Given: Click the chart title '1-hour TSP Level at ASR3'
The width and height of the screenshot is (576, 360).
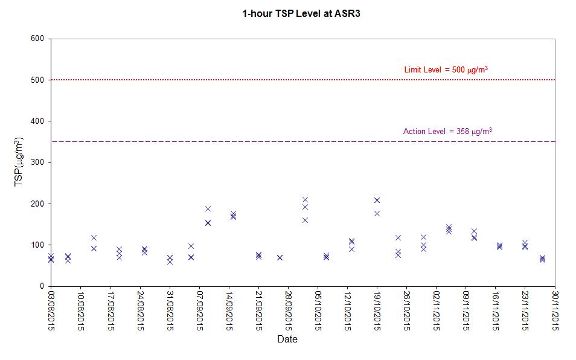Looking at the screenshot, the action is pyautogui.click(x=301, y=14).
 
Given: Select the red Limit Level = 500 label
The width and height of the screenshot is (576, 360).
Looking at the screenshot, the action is pyautogui.click(x=446, y=69).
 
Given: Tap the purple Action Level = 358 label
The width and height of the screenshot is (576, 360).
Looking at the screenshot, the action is pyautogui.click(x=447, y=131).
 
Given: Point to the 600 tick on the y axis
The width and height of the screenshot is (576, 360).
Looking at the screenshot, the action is pyautogui.click(x=37, y=39).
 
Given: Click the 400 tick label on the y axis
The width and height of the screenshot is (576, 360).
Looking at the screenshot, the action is pyautogui.click(x=37, y=121).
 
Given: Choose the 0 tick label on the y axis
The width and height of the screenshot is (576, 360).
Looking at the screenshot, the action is pyautogui.click(x=42, y=286).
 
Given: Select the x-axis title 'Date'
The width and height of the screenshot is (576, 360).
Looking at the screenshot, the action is pyautogui.click(x=287, y=339).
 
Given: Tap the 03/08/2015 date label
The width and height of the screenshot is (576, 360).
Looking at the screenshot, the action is pyautogui.click(x=51, y=311).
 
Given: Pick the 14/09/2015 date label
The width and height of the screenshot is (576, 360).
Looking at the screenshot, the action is pyautogui.click(x=229, y=311).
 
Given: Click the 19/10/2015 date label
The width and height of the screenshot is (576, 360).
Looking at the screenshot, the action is pyautogui.click(x=377, y=311).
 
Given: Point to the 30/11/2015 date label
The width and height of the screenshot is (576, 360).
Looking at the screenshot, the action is pyautogui.click(x=555, y=311).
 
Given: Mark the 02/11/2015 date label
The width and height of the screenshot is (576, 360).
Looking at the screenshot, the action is pyautogui.click(x=437, y=311).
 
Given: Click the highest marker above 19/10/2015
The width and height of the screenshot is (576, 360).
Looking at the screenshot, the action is pyautogui.click(x=377, y=200).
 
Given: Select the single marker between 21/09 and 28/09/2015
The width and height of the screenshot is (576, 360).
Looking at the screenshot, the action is pyautogui.click(x=280, y=257).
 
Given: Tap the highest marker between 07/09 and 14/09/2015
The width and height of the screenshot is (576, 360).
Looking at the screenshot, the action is pyautogui.click(x=208, y=208).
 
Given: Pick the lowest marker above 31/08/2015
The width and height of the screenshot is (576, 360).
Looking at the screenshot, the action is pyautogui.click(x=170, y=262).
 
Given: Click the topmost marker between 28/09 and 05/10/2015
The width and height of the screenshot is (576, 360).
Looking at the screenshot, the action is pyautogui.click(x=305, y=200).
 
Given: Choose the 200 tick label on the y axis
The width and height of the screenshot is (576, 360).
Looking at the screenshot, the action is pyautogui.click(x=37, y=204).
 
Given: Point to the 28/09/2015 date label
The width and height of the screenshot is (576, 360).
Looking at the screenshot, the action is pyautogui.click(x=289, y=311).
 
